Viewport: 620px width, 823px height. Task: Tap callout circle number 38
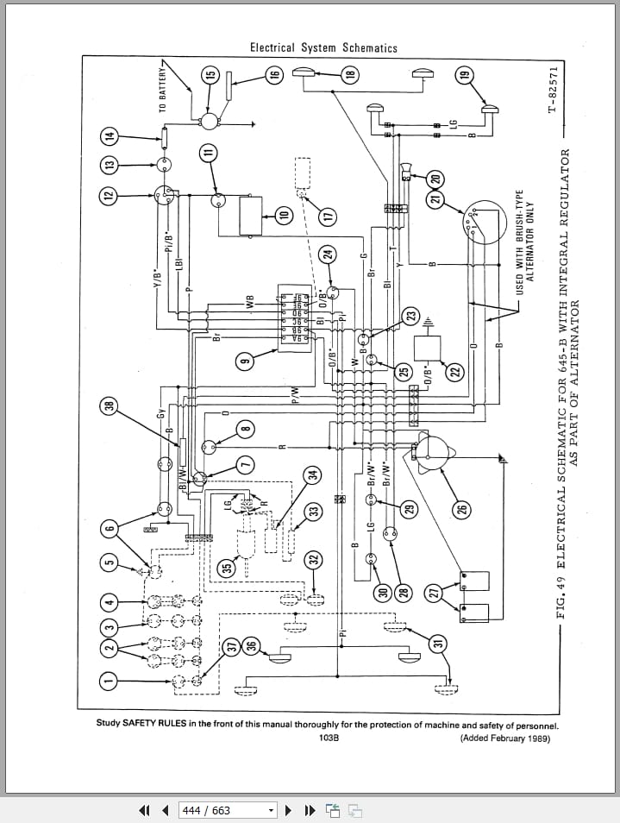(109, 405)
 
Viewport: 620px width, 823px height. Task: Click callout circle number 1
(109, 681)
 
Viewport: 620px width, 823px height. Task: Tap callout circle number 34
(313, 474)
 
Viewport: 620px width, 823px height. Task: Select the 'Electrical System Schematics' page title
(323, 48)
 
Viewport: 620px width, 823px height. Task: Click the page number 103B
(328, 738)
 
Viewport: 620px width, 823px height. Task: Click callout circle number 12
(109, 195)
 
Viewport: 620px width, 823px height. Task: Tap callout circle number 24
(327, 254)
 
